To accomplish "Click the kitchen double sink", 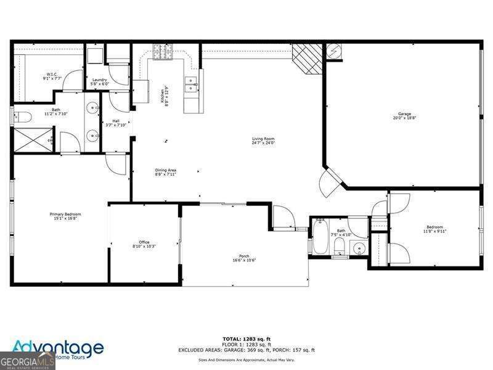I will (x=192, y=83).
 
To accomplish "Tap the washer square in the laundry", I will (x=95, y=55).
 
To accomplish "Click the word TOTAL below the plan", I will (x=232, y=339).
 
